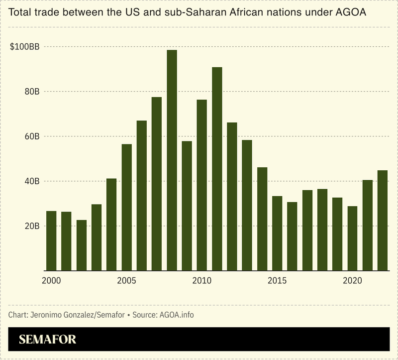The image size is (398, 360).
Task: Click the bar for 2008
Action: [x=172, y=160]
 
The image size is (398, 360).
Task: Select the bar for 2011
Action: [x=217, y=169]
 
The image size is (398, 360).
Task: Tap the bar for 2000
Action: [x=51, y=240]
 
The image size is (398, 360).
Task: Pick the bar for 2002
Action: [x=82, y=245]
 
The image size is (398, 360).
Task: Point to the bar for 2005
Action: [x=126, y=207]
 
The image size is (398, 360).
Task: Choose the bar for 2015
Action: [x=277, y=233]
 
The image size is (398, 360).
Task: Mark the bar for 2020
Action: [x=352, y=238]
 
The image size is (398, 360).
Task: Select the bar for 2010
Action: [x=202, y=185]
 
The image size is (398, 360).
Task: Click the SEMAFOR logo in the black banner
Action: [x=48, y=340]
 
